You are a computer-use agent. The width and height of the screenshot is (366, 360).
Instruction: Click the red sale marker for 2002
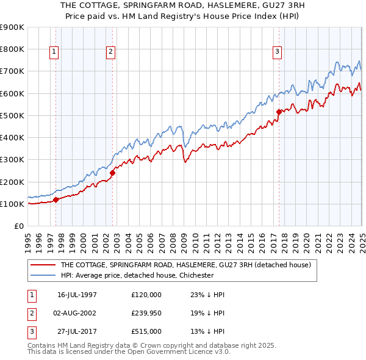pos(112,173)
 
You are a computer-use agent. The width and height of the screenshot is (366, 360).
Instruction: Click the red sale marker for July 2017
pos(279,112)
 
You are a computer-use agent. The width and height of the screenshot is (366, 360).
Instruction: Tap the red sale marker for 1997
pos(56,199)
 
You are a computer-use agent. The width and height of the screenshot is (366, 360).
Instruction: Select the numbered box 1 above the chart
pos(54,52)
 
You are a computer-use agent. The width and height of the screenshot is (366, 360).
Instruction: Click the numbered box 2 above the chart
pos(111,52)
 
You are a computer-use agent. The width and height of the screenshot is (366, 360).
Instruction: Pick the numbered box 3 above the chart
pos(277,52)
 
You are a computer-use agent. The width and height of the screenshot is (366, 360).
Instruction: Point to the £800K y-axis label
pos(12,49)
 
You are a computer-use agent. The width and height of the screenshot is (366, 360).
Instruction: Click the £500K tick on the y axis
pos(12,115)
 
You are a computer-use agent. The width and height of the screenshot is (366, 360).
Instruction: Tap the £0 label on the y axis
pos(18,226)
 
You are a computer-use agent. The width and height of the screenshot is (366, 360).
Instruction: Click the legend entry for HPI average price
pos(137,275)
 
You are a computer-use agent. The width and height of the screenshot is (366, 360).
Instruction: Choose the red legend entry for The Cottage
pos(185,265)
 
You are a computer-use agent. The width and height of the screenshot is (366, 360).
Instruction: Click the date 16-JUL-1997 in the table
pos(77,294)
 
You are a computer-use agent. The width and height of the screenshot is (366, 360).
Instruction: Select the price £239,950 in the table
pos(146,312)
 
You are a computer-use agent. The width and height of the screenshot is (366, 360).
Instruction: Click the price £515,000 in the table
pos(146,331)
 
